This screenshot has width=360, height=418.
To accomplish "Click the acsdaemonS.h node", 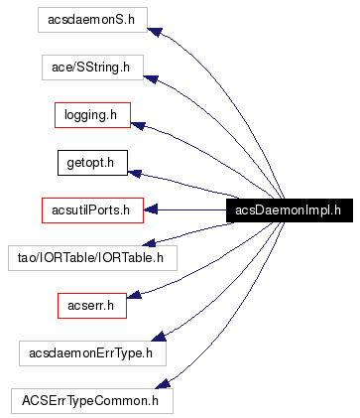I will click(x=90, y=20).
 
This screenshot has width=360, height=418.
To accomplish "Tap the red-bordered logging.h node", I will click(x=92, y=115).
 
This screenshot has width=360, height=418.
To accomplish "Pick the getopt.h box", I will click(x=91, y=162).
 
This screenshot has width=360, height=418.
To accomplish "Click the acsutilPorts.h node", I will click(x=92, y=209).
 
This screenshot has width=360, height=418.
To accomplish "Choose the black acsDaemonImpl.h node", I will click(x=288, y=209).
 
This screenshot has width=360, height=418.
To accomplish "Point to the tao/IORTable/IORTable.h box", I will click(x=91, y=257).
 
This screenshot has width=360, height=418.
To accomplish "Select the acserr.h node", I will click(x=91, y=305).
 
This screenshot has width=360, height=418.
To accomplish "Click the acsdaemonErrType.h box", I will click(x=92, y=352).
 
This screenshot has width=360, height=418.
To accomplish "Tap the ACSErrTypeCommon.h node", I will click(x=91, y=400).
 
